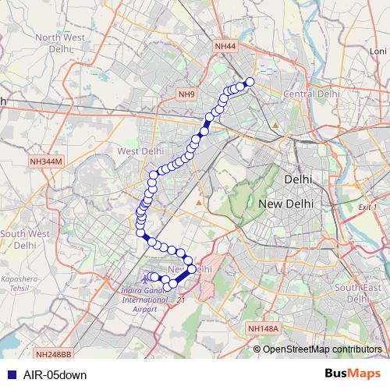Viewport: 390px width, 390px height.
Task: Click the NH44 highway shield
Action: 225,47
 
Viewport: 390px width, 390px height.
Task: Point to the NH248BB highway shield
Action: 52,354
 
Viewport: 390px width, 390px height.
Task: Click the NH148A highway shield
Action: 263,329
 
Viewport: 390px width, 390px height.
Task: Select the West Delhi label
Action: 140,151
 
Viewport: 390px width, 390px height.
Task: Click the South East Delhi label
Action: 358,292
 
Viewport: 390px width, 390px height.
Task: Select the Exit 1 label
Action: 367,207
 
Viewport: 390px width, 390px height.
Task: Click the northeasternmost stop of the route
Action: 250,82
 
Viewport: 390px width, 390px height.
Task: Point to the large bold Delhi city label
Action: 298,179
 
